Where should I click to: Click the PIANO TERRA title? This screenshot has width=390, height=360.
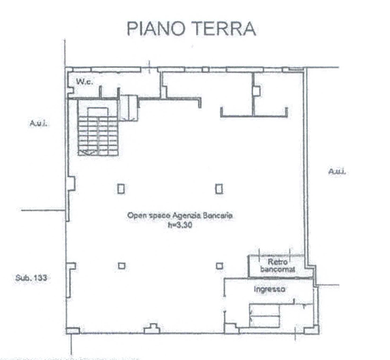point(191,29)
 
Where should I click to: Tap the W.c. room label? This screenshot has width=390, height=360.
point(85,82)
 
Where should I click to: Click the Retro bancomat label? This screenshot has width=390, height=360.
point(277,265)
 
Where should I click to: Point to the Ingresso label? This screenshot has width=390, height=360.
point(269,289)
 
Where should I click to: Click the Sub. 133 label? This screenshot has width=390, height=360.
point(31,278)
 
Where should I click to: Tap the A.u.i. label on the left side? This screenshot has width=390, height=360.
point(38,123)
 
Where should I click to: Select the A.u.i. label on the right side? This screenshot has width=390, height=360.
point(337,172)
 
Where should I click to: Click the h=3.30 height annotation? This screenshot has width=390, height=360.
point(180,225)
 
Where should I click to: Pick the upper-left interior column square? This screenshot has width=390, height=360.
point(121,188)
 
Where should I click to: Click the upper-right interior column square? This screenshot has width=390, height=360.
point(219,188)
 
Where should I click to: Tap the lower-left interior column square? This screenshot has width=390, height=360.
point(121,266)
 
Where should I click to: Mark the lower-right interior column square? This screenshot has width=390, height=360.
point(219,266)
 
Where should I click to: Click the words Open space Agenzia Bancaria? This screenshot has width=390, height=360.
point(180,215)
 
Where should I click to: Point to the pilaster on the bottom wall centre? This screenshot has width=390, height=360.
point(152,328)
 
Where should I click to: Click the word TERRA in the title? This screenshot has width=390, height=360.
point(224,29)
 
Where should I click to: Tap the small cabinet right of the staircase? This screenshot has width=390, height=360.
point(128,107)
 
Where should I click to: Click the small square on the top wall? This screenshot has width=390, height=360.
point(205,69)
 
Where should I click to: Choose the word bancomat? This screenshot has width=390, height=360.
point(278,269)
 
